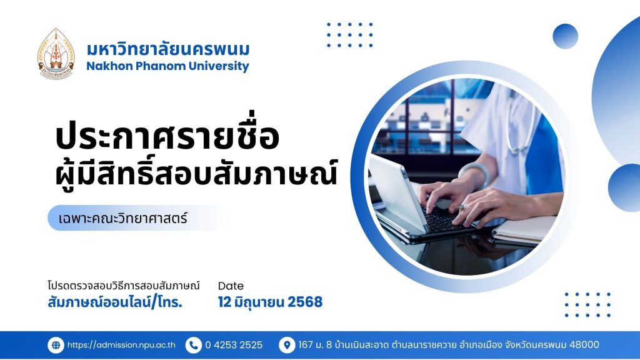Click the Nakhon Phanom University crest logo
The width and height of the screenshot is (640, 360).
point(56,54)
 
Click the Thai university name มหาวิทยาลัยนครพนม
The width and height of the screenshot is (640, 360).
point(167,49)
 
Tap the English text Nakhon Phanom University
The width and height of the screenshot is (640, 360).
point(167,66)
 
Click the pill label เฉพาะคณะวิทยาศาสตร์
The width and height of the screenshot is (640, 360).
point(123,218)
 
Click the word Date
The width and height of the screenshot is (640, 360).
point(231,286)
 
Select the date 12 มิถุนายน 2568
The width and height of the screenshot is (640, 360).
point(270,302)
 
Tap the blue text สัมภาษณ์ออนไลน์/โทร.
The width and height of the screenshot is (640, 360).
point(115,302)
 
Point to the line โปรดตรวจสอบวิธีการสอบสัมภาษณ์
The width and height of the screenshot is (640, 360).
point(124,285)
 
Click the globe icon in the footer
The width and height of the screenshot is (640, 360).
point(56,345)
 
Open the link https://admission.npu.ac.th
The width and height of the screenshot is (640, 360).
point(121,345)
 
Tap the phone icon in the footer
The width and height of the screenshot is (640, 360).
point(194,345)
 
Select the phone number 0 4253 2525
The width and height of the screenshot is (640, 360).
point(234,345)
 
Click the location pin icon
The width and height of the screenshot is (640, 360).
point(287,345)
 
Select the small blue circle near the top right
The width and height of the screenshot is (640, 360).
point(565,36)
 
